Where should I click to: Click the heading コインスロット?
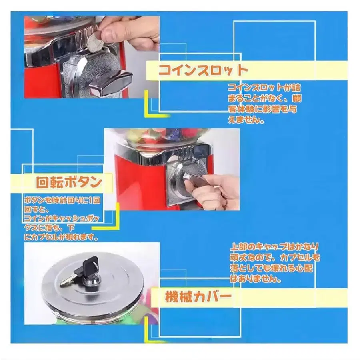pos(203,70)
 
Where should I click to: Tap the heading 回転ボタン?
pos(69,182)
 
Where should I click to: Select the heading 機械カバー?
pos(198,296)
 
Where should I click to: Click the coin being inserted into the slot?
pos(95,42)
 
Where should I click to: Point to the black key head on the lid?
pos(91,264)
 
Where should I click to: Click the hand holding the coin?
pos(128,31)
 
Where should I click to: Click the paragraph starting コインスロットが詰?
pos(264,104)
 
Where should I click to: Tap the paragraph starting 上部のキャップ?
pos(275,263)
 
